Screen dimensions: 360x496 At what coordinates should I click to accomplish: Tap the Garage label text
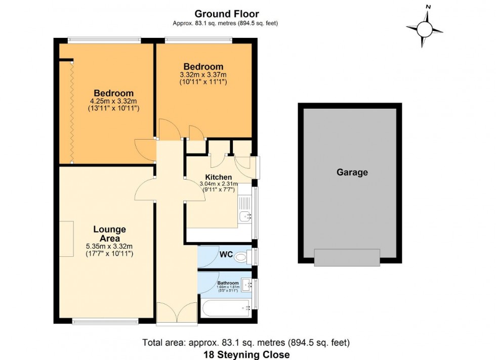pos(352,172)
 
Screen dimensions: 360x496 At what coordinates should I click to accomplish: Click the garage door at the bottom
pos(347,257)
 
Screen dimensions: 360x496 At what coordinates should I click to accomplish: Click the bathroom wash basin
pos(247,285)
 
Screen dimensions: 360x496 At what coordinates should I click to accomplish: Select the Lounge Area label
pos(109,234)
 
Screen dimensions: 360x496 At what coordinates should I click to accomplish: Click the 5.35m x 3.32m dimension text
pos(109,247)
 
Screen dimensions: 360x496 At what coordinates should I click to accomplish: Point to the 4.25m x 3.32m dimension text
pos(113,101)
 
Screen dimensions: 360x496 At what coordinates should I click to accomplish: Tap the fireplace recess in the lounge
pos(66,239)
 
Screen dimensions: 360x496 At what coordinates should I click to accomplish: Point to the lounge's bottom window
pos(105,321)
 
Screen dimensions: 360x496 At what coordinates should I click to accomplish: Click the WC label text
pos(226,254)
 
